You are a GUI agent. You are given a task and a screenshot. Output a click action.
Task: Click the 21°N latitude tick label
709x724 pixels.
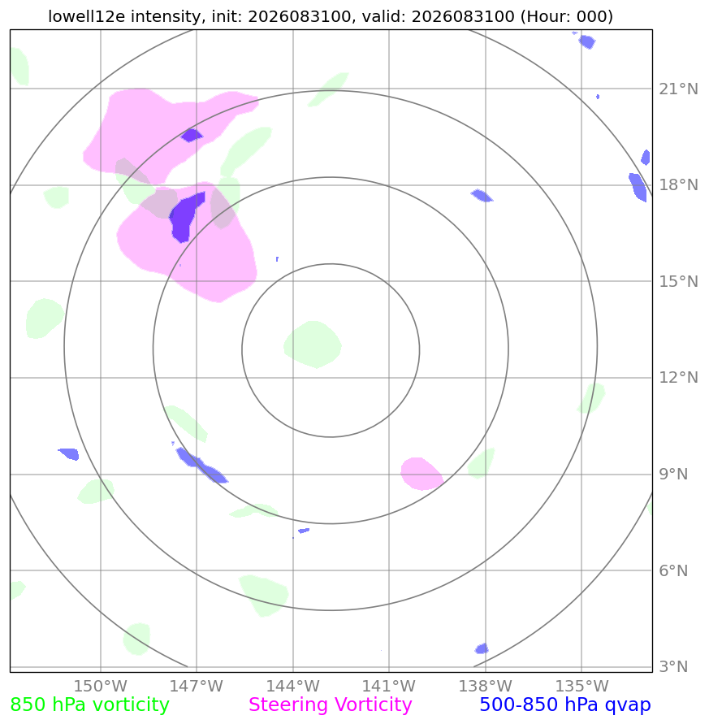(678, 89)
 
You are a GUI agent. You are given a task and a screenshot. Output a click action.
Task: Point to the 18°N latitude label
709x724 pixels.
(678, 185)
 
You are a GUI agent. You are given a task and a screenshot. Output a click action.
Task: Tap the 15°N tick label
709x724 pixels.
(678, 281)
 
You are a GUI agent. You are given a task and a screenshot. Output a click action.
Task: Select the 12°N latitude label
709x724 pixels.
(678, 378)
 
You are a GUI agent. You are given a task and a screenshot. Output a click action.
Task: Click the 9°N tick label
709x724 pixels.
(673, 475)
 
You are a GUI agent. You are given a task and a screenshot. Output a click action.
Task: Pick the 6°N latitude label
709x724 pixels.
(673, 570)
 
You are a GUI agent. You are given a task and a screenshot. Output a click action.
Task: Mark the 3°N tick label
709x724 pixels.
(673, 667)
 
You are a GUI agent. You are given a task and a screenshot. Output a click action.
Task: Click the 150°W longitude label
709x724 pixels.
(101, 686)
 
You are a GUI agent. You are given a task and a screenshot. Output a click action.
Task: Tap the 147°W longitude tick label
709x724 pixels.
(197, 686)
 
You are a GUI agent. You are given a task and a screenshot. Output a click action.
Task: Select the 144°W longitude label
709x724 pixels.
(293, 686)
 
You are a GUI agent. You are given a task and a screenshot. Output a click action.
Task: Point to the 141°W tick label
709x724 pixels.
(389, 686)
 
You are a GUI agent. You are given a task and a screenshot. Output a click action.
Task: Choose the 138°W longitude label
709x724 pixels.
(486, 686)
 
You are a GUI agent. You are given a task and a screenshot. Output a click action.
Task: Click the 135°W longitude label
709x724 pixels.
(581, 686)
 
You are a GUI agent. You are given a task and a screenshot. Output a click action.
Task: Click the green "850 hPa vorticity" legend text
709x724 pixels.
(89, 705)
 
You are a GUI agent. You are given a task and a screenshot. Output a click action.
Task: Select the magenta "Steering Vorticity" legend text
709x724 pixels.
(330, 705)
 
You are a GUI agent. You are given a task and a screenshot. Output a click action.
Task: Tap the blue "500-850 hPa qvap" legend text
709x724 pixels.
(565, 705)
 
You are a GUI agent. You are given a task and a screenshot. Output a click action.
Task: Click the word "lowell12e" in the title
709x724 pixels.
(88, 16)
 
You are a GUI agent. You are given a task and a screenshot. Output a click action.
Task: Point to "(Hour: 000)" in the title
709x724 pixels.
(566, 16)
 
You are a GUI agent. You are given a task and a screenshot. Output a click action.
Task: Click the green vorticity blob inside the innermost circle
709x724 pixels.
(313, 345)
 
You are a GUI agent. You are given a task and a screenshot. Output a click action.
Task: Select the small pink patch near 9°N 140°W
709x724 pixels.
(422, 474)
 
